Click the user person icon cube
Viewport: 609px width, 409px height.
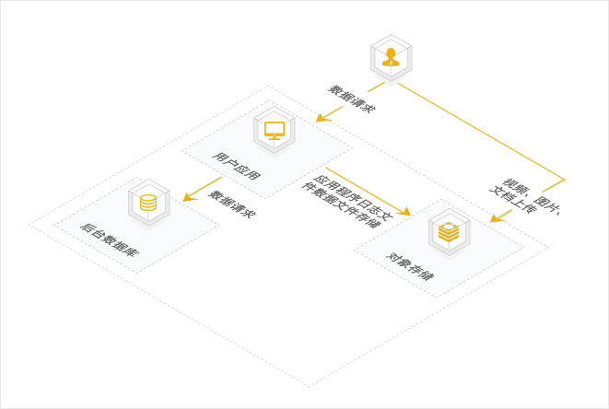[392, 58]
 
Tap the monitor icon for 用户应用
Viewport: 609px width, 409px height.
[275, 131]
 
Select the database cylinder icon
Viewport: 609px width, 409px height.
[148, 203]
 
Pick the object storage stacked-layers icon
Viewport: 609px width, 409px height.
[449, 232]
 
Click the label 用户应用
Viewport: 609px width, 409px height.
[236, 166]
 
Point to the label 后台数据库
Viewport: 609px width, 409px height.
[110, 240]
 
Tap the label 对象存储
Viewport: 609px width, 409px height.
[410, 266]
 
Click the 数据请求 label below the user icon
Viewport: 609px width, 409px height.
[352, 99]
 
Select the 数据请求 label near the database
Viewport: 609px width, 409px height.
[232, 204]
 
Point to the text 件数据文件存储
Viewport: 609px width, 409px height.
[340, 205]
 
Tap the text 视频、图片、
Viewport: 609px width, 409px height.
[532, 196]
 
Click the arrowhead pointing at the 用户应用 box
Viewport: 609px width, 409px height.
[322, 118]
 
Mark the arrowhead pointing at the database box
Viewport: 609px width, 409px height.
[189, 197]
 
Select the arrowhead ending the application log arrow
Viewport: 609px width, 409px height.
[404, 212]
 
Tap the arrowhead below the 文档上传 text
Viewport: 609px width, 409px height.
[497, 218]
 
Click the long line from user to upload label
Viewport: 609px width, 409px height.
[481, 132]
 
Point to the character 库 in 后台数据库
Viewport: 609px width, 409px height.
[132, 252]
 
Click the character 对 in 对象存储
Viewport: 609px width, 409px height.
[392, 257]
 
